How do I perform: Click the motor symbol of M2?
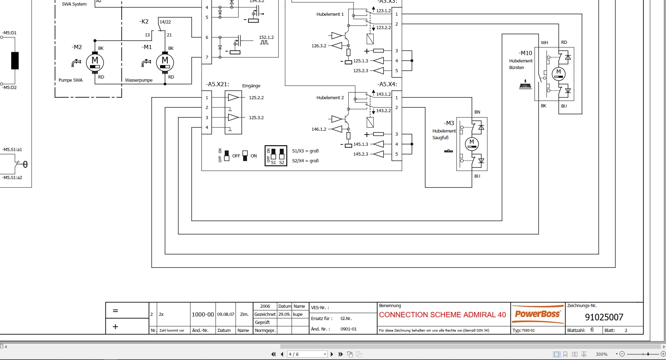95,62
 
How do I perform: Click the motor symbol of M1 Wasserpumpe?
165,62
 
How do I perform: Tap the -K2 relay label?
144,22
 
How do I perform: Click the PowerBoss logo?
537,314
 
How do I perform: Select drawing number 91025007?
604,317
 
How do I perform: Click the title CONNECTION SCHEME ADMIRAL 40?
442,315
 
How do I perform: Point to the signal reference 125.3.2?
256,118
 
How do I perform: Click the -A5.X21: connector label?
217,84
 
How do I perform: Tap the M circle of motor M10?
558,73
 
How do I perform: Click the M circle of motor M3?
472,144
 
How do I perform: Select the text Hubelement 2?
330,98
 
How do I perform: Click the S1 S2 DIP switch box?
276,156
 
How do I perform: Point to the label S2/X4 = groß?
305,161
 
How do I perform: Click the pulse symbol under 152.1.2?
264,42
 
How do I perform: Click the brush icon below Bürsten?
525,84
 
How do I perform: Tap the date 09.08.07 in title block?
226,314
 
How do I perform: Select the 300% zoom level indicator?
602,354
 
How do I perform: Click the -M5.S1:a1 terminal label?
12,150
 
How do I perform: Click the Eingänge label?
251,86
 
